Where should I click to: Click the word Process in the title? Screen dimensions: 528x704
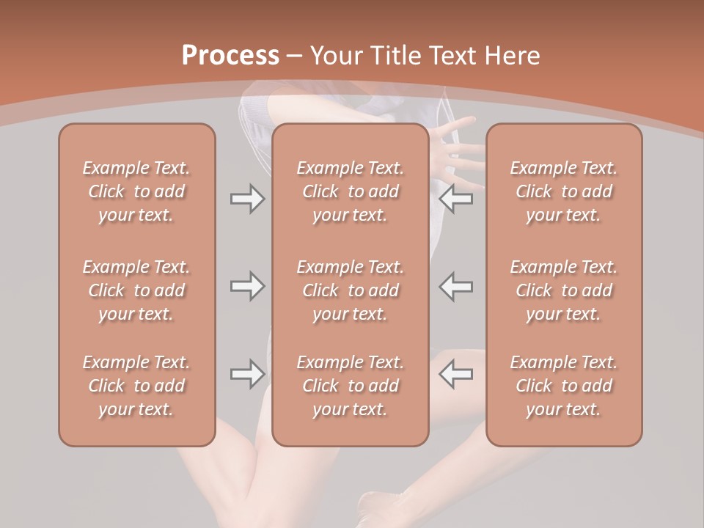[x=230, y=56]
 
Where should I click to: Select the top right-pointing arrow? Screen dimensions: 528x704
[x=247, y=199]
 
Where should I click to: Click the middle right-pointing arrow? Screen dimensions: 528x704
[x=247, y=286]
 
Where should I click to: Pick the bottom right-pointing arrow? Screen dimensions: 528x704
[x=247, y=374]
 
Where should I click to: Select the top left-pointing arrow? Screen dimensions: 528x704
[x=456, y=199]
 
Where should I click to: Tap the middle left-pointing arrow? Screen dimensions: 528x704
[x=456, y=286]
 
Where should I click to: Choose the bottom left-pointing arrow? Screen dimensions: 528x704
[x=456, y=374]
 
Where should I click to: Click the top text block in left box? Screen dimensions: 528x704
[x=136, y=191]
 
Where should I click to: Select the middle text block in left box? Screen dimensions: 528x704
[x=136, y=290]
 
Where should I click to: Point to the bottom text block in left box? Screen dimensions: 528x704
[x=136, y=386]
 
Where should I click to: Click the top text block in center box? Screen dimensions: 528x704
[x=351, y=191]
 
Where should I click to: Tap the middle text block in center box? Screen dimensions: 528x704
[x=351, y=290]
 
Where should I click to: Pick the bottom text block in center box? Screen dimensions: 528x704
[x=351, y=386]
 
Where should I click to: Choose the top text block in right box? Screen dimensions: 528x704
[x=564, y=191]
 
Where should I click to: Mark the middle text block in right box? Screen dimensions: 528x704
[x=564, y=290]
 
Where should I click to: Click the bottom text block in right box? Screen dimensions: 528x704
[x=564, y=386]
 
